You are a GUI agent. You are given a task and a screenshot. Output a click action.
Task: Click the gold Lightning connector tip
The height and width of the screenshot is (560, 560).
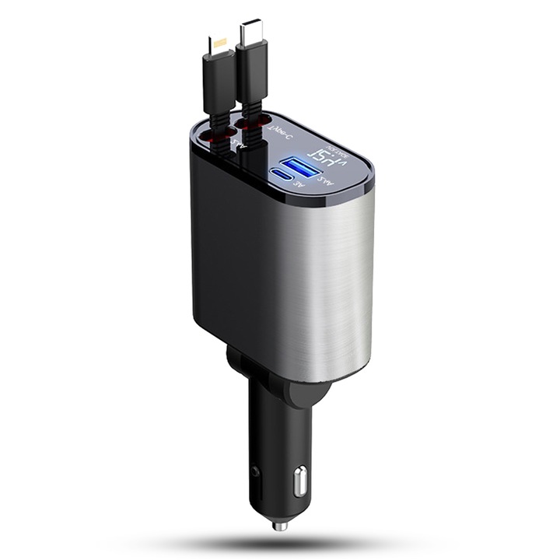click(214, 44)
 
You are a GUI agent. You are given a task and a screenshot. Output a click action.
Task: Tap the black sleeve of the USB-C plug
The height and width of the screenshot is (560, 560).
click(254, 78)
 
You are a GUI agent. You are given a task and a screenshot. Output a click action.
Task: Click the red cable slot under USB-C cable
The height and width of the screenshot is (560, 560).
click(253, 123)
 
